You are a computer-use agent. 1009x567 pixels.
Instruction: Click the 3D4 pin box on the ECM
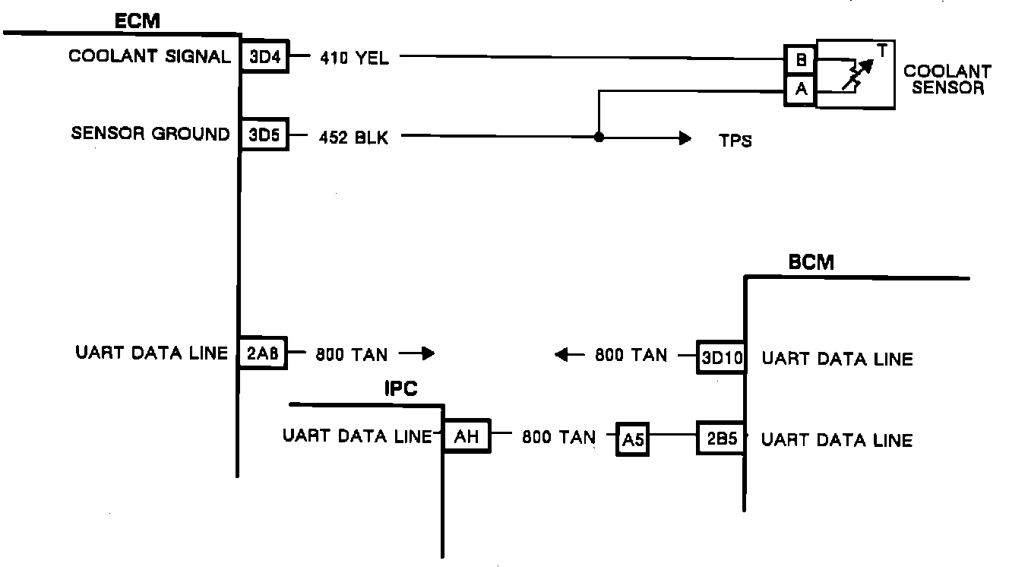coord(265,58)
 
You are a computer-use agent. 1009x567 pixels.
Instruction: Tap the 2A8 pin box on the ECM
coord(264,353)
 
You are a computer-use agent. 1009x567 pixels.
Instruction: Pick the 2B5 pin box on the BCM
coord(721,440)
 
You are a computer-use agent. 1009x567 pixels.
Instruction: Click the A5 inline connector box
coord(632,440)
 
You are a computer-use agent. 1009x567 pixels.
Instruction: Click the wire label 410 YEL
coord(354,59)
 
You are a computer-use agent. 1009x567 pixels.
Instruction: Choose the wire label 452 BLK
coord(354,138)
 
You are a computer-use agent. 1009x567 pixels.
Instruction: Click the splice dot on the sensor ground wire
coord(599,138)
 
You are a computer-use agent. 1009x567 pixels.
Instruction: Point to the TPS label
coord(735,141)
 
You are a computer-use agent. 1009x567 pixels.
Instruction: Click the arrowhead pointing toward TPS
coord(685,138)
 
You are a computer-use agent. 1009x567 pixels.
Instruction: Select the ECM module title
coord(138,21)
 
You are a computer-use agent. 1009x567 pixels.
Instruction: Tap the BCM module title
coord(811,263)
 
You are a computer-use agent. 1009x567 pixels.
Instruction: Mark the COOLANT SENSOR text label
coord(947,80)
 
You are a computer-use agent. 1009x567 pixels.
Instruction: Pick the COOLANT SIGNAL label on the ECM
coord(150,57)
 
